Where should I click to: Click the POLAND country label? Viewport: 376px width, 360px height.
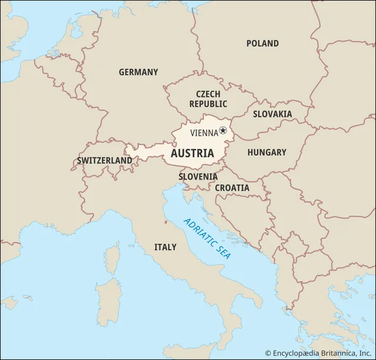[263, 43]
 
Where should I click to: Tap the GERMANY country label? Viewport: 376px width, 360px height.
[138, 72]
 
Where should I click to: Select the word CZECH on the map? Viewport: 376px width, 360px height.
[208, 94]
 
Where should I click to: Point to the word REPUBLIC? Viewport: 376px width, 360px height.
[208, 104]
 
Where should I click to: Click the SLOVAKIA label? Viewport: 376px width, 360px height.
[272, 114]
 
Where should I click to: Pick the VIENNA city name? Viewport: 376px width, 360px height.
[204, 133]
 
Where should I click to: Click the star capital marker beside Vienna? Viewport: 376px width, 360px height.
[223, 131]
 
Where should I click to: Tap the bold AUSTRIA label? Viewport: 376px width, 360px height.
[192, 153]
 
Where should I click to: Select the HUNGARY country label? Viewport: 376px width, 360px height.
[266, 152]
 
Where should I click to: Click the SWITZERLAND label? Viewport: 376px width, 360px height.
[104, 160]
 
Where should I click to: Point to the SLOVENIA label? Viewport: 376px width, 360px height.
[198, 176]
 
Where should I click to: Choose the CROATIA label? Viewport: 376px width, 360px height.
[231, 188]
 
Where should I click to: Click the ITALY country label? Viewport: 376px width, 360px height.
[165, 247]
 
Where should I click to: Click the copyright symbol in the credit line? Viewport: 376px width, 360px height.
[268, 353]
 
